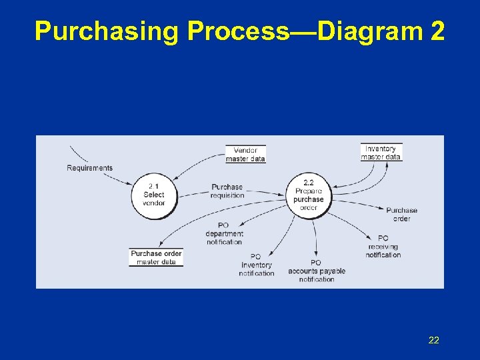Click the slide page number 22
[x=433, y=341]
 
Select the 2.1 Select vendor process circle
[x=154, y=195]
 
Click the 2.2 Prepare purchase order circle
[x=309, y=195]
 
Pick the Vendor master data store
[x=245, y=154]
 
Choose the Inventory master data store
[x=381, y=153]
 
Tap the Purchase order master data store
[x=156, y=257]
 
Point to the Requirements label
[x=90, y=168]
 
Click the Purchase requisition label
[x=227, y=191]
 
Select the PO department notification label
[x=224, y=234]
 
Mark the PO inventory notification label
[x=257, y=265]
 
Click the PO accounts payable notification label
[x=317, y=271]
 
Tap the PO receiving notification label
[x=383, y=246]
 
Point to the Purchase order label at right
[x=401, y=214]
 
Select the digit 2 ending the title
[x=437, y=31]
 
